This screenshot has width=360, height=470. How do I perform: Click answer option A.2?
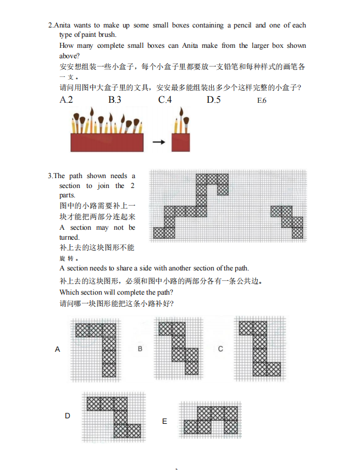[66, 99]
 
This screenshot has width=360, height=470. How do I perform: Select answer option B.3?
[115, 99]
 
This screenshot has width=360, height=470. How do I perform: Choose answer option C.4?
[165, 99]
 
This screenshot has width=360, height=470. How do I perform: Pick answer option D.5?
[214, 99]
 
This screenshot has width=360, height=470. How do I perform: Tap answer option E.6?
[262, 101]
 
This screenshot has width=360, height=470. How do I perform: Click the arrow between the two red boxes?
[159, 142]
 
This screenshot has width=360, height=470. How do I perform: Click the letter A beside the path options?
[58, 350]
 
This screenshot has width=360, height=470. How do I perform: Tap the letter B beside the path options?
[140, 349]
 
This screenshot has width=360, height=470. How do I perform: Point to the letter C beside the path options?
[220, 349]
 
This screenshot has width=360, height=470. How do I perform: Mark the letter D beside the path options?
[68, 416]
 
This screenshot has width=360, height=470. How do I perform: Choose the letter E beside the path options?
[164, 422]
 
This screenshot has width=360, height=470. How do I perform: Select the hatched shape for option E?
[211, 420]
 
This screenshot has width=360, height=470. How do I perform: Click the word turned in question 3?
[69, 237]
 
